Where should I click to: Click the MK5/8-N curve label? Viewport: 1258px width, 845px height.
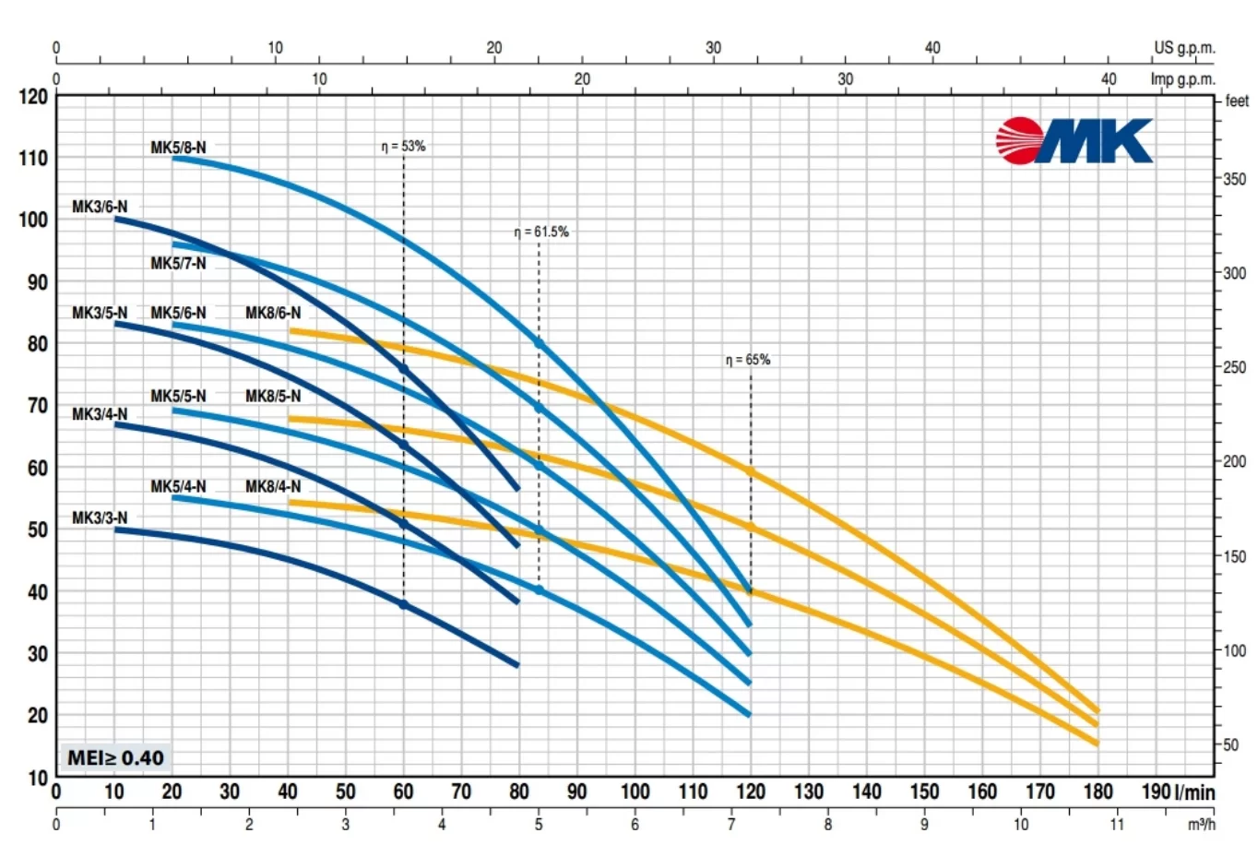pyautogui.click(x=178, y=148)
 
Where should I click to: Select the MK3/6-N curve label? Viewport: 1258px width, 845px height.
pyautogui.click(x=100, y=207)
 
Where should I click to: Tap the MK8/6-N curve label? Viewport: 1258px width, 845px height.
pyautogui.click(x=273, y=313)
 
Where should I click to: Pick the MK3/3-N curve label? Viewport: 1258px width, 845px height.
pyautogui.click(x=100, y=518)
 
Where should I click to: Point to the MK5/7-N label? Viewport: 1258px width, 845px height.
pyautogui.click(x=178, y=264)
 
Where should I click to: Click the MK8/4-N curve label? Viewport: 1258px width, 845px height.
pyautogui.click(x=273, y=486)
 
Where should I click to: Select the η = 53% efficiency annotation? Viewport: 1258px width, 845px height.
pyautogui.click(x=404, y=146)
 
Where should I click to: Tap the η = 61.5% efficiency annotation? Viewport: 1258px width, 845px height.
pyautogui.click(x=541, y=232)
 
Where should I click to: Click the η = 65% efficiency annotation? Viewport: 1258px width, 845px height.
pyautogui.click(x=748, y=360)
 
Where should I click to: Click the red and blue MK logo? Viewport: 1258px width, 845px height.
pyautogui.click(x=1074, y=140)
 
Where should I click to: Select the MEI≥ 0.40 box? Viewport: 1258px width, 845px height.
pyautogui.click(x=115, y=757)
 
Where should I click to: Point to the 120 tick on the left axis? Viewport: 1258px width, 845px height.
pyautogui.click(x=33, y=97)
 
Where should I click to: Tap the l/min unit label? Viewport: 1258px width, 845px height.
pyautogui.click(x=1195, y=791)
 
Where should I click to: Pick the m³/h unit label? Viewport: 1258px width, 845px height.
pyautogui.click(x=1201, y=824)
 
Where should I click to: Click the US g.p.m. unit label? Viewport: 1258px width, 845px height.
pyautogui.click(x=1184, y=48)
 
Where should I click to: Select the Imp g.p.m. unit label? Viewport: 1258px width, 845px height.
pyautogui.click(x=1182, y=79)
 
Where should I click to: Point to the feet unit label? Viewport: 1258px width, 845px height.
pyautogui.click(x=1237, y=101)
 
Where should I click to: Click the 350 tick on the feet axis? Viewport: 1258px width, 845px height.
pyautogui.click(x=1234, y=179)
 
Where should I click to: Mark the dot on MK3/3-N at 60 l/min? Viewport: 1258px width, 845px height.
pyautogui.click(x=404, y=604)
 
